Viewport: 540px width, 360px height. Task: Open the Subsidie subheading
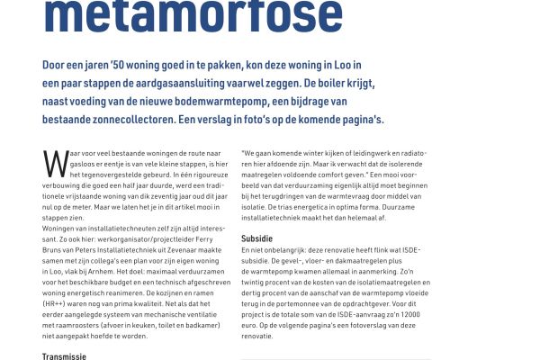click(x=258, y=238)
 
